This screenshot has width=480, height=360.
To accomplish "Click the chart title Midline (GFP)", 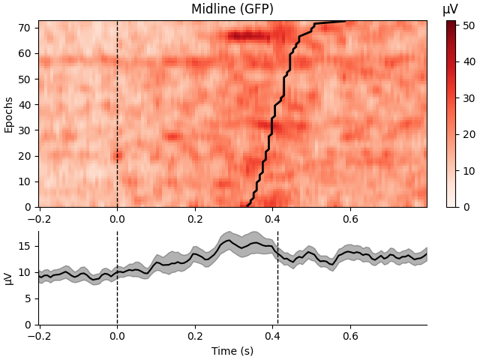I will tap(232, 9).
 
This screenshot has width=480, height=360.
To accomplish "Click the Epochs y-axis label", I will tap(9, 114).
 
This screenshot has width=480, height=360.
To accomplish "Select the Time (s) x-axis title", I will tap(232, 351).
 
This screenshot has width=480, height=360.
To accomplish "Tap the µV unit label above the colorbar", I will tap(450, 9).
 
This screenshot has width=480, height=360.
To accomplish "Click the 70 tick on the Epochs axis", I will tap(24, 28).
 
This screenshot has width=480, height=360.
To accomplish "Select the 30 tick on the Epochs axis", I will tap(24, 130).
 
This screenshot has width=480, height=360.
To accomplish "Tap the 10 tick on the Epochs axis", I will tap(24, 181).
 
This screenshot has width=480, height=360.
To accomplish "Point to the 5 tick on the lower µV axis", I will tap(27, 298).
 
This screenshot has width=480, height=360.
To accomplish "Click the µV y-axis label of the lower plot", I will tap(9, 278).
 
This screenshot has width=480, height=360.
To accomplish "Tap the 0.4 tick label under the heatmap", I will tap(271, 219).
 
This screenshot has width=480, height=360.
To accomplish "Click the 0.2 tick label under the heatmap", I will tap(194, 219).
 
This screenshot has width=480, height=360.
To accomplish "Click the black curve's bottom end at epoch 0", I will tap(248, 205).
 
